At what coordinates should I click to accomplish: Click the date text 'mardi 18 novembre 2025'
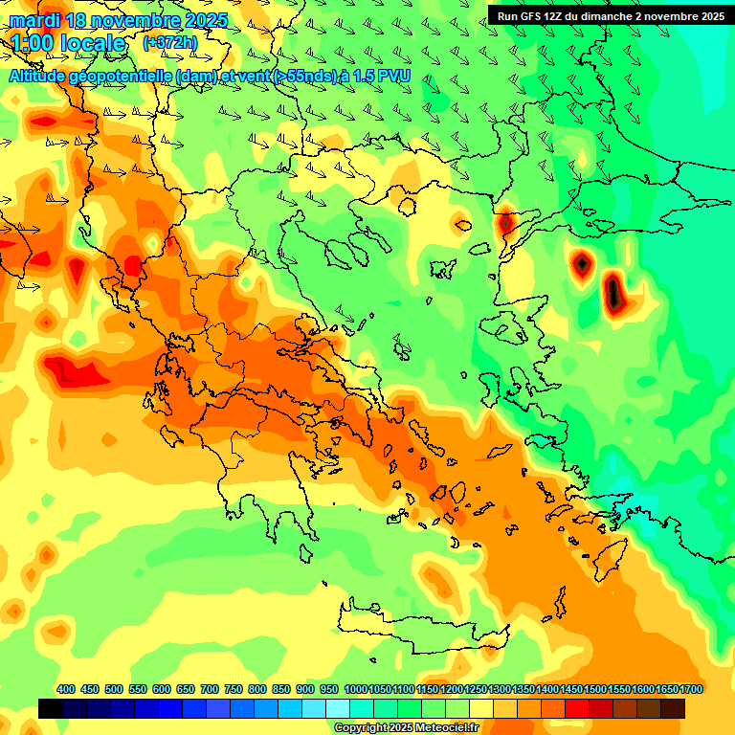(119, 20)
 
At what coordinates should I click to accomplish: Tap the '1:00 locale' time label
(68, 43)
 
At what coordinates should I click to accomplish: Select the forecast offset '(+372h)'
(169, 42)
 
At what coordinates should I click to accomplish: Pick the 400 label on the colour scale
(66, 689)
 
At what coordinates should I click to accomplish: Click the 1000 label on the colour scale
(355, 689)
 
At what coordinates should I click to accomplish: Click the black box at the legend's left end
(51, 708)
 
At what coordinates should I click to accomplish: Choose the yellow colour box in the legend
(481, 708)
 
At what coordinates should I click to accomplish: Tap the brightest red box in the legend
(577, 708)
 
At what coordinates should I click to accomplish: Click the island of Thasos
(408, 206)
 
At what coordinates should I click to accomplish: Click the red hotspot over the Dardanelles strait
(505, 223)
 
